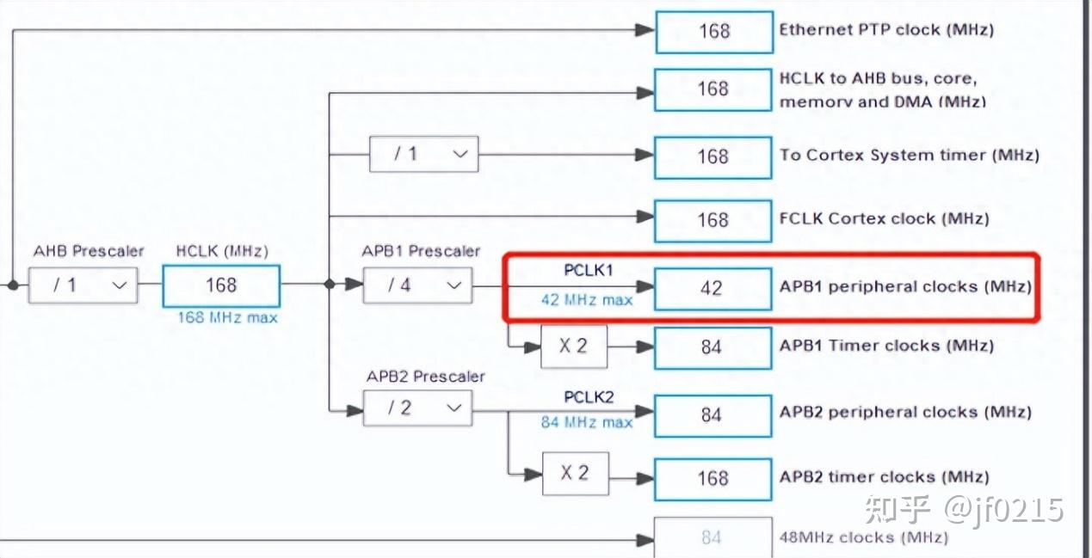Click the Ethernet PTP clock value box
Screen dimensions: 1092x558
(x=714, y=32)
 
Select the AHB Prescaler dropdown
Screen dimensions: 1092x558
(x=83, y=285)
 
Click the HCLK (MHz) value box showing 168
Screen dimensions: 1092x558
(x=221, y=285)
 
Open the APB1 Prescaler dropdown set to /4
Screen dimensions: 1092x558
(x=418, y=285)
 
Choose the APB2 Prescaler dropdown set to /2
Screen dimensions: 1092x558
(x=418, y=408)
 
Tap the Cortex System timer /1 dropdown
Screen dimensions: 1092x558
(x=423, y=155)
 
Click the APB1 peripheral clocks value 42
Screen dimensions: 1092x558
(x=713, y=289)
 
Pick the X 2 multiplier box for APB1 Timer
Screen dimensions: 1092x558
(x=574, y=346)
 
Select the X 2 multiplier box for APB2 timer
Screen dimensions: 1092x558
(x=575, y=473)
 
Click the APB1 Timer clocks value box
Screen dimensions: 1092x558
(x=713, y=347)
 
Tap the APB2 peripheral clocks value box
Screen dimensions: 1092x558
(x=713, y=416)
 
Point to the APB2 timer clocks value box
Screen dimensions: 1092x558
(x=713, y=479)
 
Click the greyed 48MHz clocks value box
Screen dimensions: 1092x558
(x=713, y=537)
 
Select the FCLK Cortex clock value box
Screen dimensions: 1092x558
(x=713, y=221)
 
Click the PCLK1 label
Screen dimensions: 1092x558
(x=588, y=270)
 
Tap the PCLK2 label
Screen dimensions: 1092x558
(x=589, y=397)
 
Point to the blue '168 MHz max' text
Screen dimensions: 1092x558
(x=227, y=318)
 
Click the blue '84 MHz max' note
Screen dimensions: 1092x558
(x=587, y=422)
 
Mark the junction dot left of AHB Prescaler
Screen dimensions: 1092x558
(x=13, y=285)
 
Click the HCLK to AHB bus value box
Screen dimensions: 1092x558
(x=713, y=90)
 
